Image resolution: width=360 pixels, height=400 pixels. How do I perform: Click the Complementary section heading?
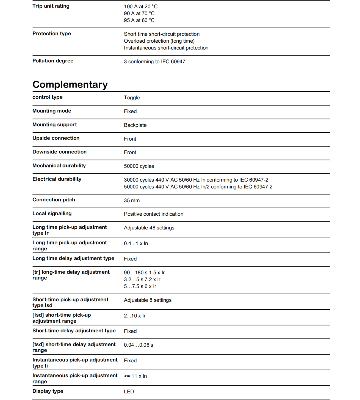coord(70,84)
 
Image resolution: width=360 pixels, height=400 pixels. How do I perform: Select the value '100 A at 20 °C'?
coord(141,7)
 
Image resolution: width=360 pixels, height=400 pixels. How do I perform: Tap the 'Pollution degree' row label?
coord(53,61)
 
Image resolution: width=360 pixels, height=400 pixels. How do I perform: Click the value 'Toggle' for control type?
coord(132,98)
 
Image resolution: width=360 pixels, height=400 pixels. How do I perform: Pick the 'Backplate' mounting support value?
coord(135,125)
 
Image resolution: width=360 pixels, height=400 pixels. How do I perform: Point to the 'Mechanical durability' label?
coord(59,166)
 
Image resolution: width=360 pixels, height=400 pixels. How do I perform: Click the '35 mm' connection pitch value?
coord(132,201)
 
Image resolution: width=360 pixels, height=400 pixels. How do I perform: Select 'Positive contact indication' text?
coord(153,214)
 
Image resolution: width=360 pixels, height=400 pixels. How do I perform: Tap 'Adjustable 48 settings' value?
coord(149,228)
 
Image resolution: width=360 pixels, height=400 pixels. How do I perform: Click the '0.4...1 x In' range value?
coord(136,243)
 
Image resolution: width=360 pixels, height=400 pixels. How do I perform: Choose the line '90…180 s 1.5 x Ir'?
coord(144,273)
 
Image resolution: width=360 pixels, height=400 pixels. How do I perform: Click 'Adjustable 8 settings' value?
coord(148,300)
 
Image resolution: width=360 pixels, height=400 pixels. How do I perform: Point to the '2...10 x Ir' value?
coord(135,316)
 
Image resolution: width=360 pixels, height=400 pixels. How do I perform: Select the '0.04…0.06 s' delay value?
coord(139,345)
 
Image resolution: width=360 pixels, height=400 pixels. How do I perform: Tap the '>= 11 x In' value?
coord(135,376)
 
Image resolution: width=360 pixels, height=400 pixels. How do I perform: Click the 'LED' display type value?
coord(129,392)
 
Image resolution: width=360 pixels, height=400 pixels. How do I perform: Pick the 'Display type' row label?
coord(48,391)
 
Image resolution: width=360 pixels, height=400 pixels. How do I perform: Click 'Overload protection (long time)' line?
coord(159,41)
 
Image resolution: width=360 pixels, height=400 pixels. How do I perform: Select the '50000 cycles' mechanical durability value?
coord(139,166)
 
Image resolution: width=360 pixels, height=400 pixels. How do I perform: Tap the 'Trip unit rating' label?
coord(51,6)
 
